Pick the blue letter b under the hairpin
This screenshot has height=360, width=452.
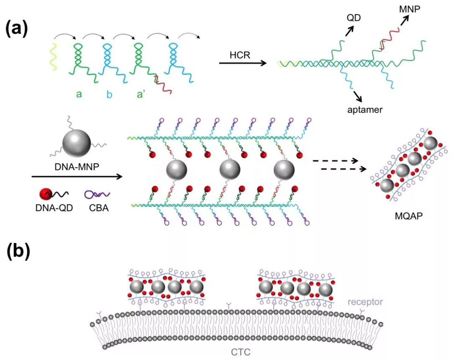(109, 95)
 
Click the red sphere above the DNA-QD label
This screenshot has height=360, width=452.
(46, 194)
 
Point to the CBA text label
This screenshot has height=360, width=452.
(99, 207)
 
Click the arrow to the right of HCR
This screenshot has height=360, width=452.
(243, 63)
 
